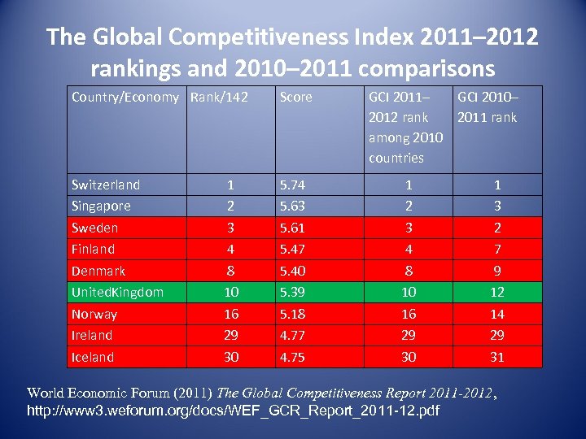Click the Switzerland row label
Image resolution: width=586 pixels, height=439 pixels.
click(x=106, y=185)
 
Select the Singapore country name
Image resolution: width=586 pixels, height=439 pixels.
click(x=101, y=206)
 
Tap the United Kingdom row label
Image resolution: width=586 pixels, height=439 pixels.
click(x=117, y=293)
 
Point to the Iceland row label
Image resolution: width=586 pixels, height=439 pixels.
click(x=93, y=357)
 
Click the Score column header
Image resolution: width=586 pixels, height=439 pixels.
click(x=295, y=98)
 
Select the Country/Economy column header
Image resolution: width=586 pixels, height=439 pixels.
click(x=125, y=98)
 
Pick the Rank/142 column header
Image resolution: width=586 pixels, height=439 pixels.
click(x=219, y=98)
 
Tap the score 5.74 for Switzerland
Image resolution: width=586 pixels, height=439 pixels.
click(x=292, y=185)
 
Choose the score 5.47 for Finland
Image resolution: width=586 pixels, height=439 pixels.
click(x=292, y=250)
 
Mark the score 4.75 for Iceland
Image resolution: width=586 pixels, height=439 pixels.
click(x=292, y=357)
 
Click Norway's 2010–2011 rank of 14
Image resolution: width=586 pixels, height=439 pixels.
click(x=496, y=314)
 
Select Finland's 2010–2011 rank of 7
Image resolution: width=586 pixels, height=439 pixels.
click(x=496, y=250)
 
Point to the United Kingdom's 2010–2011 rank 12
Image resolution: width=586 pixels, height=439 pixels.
click(x=496, y=293)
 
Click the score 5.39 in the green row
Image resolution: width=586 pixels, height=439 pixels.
click(x=292, y=293)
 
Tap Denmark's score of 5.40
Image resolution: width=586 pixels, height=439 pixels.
click(x=292, y=271)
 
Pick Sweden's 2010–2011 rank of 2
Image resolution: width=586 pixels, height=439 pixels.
click(x=496, y=228)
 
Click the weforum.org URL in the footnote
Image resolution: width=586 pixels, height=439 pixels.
click(x=233, y=411)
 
